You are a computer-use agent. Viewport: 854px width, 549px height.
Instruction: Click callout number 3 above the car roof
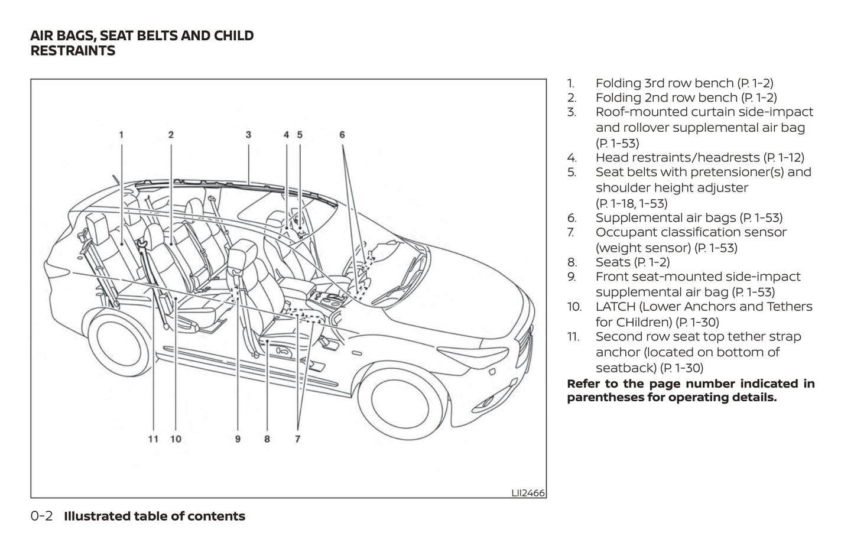[248, 135]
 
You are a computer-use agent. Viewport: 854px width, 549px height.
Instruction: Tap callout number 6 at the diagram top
[342, 135]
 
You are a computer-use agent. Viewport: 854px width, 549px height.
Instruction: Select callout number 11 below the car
[153, 439]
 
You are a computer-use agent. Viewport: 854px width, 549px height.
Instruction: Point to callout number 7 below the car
[297, 439]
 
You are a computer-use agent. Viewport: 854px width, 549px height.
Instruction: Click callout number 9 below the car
[238, 439]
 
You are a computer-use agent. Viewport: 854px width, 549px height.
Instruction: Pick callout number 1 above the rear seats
[121, 135]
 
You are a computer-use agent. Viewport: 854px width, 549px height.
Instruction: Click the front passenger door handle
[357, 353]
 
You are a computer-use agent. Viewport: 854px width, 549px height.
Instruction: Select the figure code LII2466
[528, 492]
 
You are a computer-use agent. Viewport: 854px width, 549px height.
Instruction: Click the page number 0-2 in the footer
[41, 516]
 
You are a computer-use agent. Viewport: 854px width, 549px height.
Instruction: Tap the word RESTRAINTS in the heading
[73, 51]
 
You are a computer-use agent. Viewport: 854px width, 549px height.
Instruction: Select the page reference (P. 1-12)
[784, 158]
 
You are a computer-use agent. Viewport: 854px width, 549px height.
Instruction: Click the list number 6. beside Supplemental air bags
[572, 218]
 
